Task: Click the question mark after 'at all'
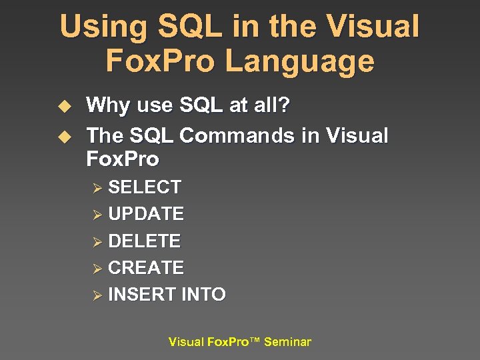[x=285, y=105]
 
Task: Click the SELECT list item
[x=144, y=187]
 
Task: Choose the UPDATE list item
[x=145, y=214]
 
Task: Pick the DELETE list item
[x=144, y=241]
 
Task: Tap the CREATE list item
[x=145, y=267]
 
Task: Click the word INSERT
[x=133, y=294]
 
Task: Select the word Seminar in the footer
[x=287, y=342]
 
